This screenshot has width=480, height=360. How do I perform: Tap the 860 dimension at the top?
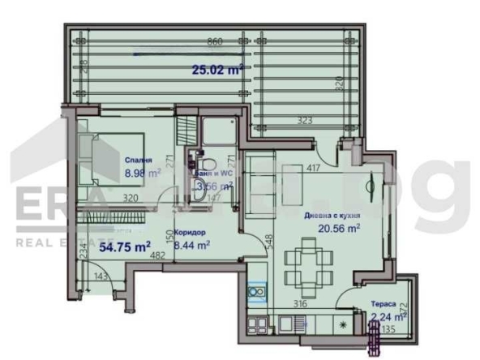pos(214,41)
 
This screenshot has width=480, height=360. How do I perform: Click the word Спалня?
pos(140,160)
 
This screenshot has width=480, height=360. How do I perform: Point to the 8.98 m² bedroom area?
pos(142,173)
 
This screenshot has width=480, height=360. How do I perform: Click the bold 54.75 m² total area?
pos(123,246)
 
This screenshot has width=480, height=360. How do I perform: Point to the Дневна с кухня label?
pos(332,216)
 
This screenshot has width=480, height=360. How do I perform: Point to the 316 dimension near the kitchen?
pos(299,305)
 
